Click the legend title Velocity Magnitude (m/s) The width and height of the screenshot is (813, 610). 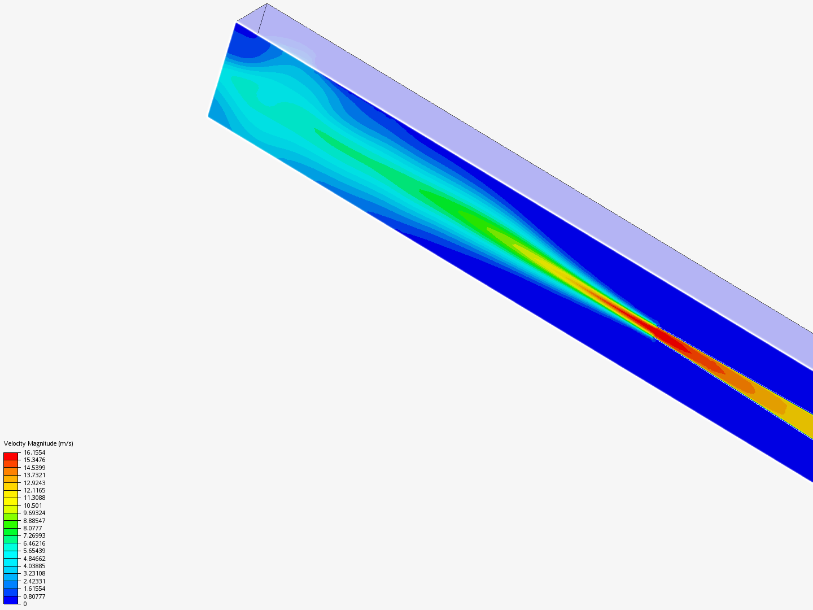point(38,443)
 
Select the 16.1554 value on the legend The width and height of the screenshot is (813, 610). point(34,452)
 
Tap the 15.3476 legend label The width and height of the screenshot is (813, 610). point(34,460)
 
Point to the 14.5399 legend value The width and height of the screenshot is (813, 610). point(34,468)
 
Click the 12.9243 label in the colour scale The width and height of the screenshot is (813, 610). point(34,482)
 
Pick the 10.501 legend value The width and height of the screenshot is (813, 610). point(33,506)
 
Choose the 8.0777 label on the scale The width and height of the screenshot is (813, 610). point(33,528)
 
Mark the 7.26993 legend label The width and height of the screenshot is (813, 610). point(34,535)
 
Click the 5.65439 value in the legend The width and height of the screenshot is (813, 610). point(34,551)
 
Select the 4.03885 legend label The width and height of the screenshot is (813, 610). point(34,566)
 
